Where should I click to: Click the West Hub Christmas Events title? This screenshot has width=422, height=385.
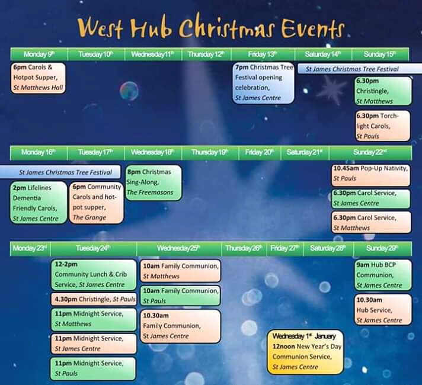pos(211,27)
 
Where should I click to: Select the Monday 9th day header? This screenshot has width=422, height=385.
pos(39,54)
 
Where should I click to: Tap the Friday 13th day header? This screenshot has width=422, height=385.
pos(263,54)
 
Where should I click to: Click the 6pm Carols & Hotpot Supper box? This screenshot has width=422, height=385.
pos(38,78)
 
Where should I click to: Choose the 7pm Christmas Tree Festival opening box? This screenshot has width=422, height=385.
pos(264,83)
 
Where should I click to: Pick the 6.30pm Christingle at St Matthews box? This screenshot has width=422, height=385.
pos(383,91)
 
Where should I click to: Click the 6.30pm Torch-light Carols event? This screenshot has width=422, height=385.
pos(383,126)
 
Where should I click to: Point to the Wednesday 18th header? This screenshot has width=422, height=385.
pos(153,153)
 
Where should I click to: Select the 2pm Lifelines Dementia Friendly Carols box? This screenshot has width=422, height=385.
pos(39,203)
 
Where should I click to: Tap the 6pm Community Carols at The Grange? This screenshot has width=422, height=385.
pos(97,203)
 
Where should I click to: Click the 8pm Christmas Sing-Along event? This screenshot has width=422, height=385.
pos(154,182)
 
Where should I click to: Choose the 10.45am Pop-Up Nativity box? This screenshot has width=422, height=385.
pos(371,175)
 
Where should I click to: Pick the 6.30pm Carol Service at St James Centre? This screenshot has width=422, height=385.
pos(371,199)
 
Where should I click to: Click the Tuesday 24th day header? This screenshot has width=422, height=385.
pos(93,248)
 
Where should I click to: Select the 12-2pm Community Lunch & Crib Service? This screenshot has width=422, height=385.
pos(94,275)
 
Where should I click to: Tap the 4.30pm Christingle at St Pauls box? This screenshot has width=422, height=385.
pos(94,299)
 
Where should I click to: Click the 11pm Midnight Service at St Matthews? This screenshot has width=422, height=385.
pos(94,319)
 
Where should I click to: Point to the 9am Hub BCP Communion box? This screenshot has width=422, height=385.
pos(383,275)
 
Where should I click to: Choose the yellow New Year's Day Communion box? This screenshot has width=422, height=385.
pos(305,352)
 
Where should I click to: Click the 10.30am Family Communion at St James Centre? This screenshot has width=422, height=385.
pos(180,326)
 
